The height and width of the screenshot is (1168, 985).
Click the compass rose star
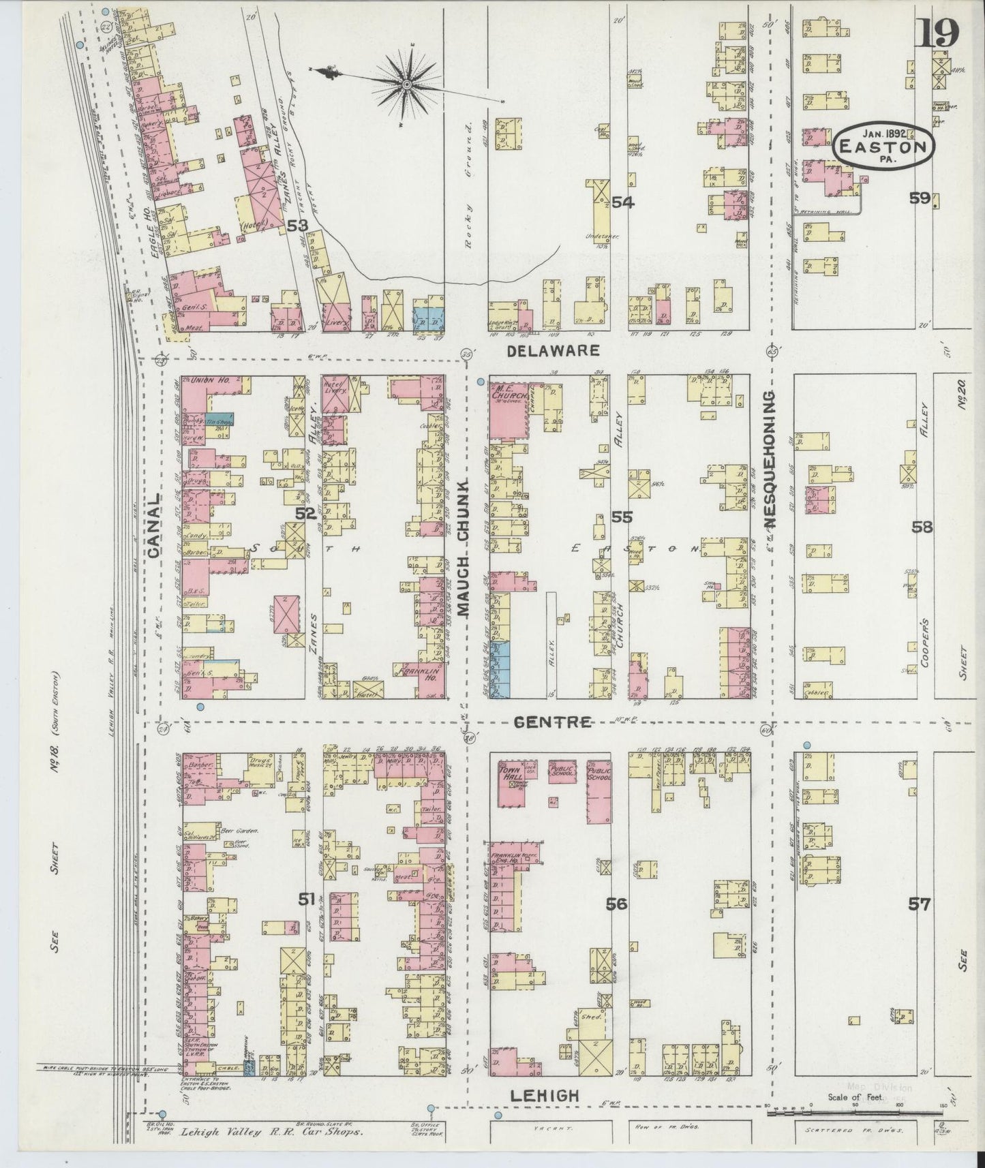pyautogui.click(x=407, y=84)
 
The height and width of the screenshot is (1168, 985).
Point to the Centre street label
pyautogui.click(x=554, y=722)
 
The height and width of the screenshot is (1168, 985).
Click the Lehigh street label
pyautogui.click(x=544, y=1096)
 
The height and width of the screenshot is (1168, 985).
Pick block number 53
pyautogui.click(x=298, y=225)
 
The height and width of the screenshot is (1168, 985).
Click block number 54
pyautogui.click(x=622, y=202)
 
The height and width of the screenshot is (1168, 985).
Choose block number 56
pyautogui.click(x=617, y=904)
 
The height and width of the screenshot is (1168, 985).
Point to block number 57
pyautogui.click(x=919, y=905)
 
